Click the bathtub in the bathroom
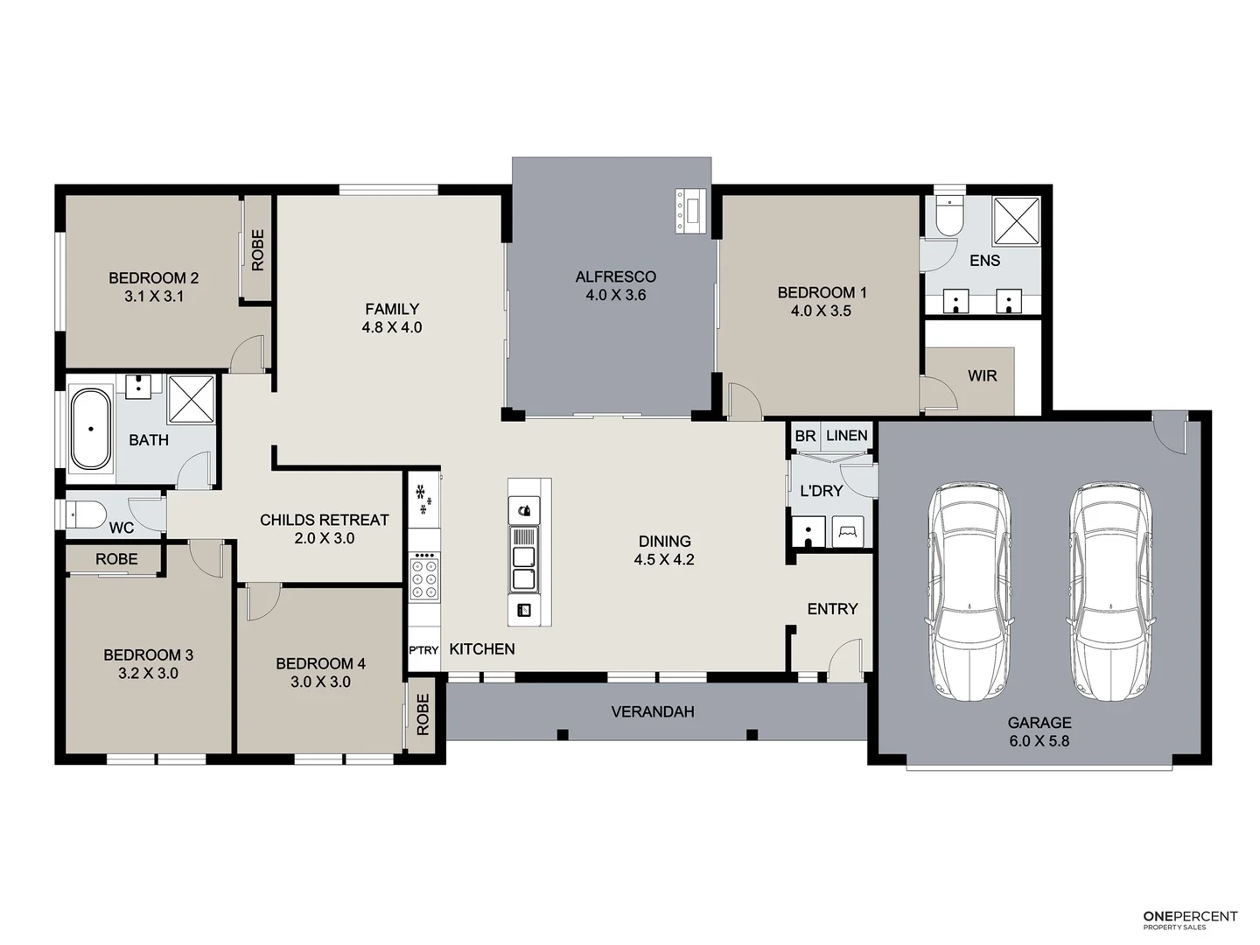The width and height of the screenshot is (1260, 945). [x=90, y=430]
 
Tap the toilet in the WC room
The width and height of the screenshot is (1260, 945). [x=86, y=513]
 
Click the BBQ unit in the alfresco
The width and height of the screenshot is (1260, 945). [x=689, y=210]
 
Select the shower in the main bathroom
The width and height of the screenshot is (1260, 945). [x=192, y=398]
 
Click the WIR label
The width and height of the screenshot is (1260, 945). [x=982, y=376]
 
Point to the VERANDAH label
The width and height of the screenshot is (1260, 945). [x=653, y=712]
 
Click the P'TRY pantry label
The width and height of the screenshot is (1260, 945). [x=423, y=650]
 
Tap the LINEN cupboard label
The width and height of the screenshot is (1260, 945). [x=846, y=436]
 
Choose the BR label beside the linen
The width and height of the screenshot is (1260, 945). [x=805, y=436]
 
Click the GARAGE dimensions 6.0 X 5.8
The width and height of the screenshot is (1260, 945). [x=1039, y=741]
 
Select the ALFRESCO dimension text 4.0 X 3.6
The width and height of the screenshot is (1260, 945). [x=616, y=296]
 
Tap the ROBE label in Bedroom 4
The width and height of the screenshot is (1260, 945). [x=423, y=714]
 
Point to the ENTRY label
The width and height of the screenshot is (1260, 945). [x=832, y=609]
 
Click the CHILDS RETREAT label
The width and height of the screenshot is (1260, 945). [x=324, y=520]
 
